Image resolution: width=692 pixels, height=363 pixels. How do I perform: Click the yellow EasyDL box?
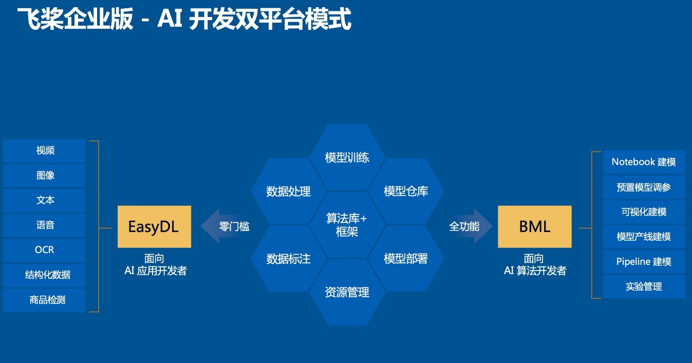click(154, 226)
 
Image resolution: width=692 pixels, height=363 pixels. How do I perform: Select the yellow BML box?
click(534, 226)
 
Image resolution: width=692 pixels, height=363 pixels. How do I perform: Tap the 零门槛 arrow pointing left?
click(226, 226)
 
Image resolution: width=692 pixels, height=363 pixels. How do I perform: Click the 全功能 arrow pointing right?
click(470, 226)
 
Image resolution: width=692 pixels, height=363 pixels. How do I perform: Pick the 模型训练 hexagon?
click(347, 158)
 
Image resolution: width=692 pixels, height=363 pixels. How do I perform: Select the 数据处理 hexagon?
click(289, 192)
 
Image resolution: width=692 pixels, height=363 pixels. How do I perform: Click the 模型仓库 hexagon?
click(406, 191)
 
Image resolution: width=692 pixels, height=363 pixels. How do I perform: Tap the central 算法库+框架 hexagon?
click(347, 225)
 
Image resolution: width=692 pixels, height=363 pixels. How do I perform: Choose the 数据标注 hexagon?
click(289, 259)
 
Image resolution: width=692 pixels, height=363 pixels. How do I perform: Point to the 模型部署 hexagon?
click(406, 259)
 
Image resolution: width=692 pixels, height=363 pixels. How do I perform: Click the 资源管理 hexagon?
click(347, 292)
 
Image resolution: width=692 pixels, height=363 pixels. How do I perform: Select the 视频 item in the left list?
click(44, 150)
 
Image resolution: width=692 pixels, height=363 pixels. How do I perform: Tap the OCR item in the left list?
click(44, 250)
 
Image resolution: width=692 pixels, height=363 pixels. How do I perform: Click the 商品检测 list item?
click(44, 300)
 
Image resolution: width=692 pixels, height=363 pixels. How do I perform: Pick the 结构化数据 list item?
click(44, 275)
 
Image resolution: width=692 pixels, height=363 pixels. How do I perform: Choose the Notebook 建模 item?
click(644, 162)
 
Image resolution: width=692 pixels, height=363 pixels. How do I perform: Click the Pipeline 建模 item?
click(644, 262)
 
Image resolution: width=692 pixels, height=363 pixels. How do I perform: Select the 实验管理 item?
click(644, 287)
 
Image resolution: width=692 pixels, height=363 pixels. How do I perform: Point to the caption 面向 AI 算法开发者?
click(535, 264)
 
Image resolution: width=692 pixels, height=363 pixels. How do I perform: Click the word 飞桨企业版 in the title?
click(75, 19)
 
